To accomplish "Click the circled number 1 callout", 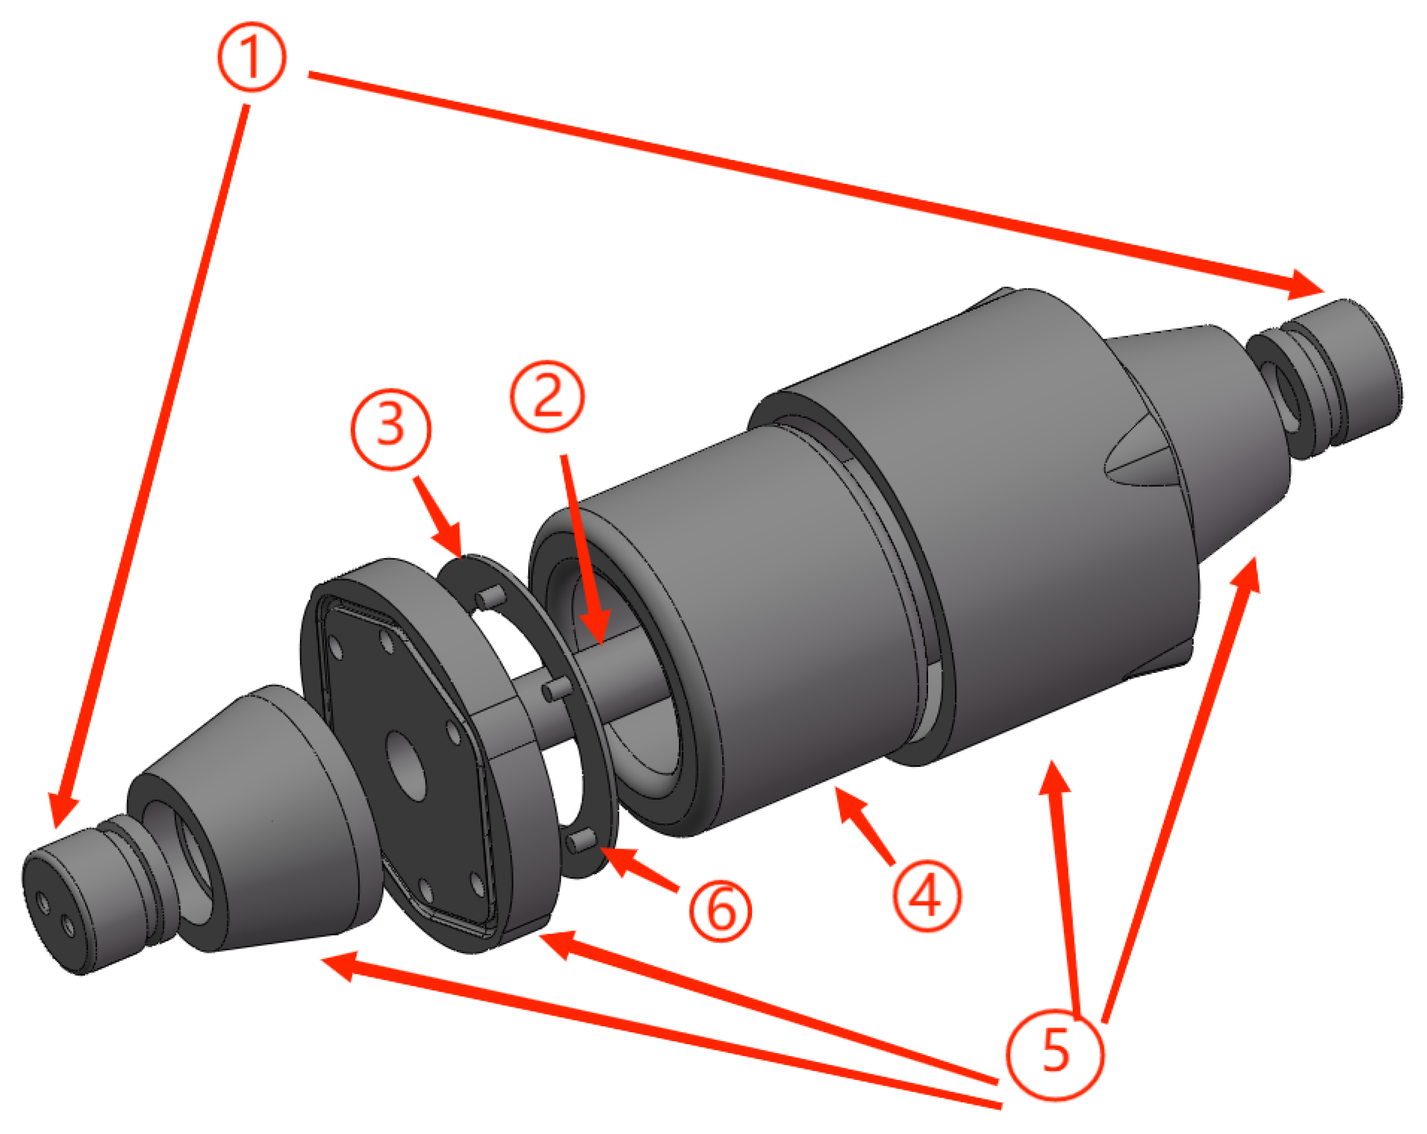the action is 252,57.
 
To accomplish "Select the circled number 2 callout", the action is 547,396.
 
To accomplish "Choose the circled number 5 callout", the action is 1055,1052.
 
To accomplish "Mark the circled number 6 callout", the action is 721,911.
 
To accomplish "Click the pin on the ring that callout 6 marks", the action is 581,841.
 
